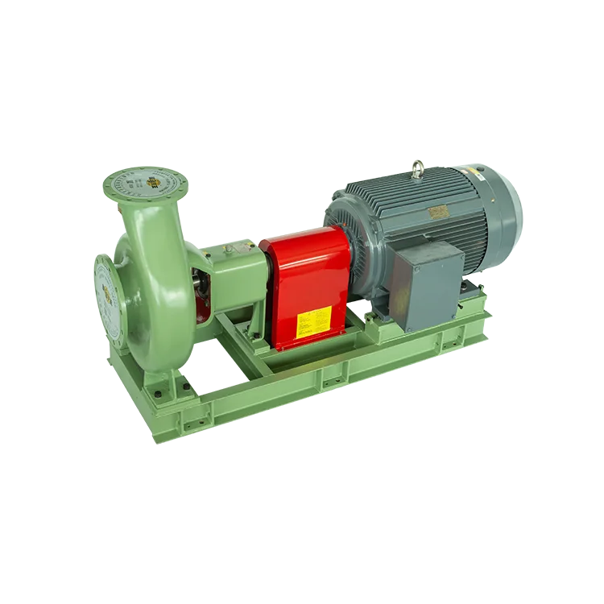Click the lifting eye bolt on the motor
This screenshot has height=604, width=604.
[418, 168]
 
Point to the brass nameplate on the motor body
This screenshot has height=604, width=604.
[439, 211]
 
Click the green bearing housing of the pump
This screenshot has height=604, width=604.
[234, 270]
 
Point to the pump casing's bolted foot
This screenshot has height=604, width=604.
[161, 391]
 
